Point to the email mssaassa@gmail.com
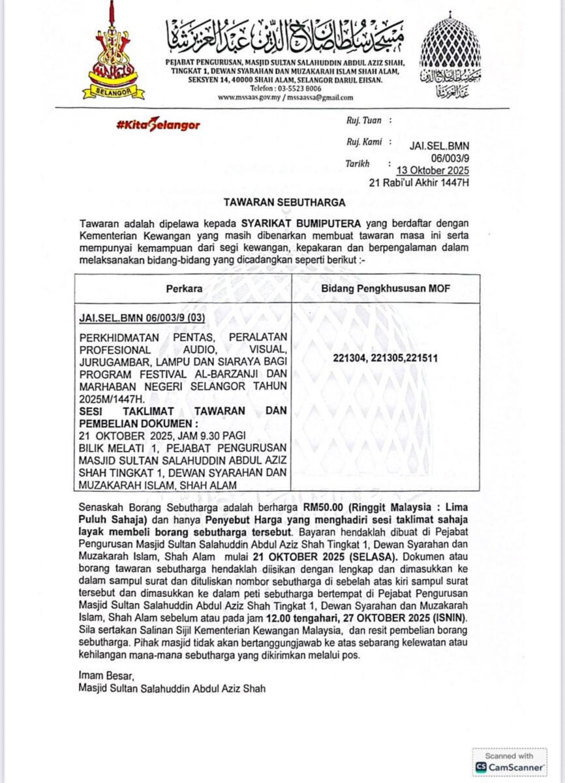click(321, 97)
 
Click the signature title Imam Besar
click(99, 677)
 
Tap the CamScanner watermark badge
click(510, 761)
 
